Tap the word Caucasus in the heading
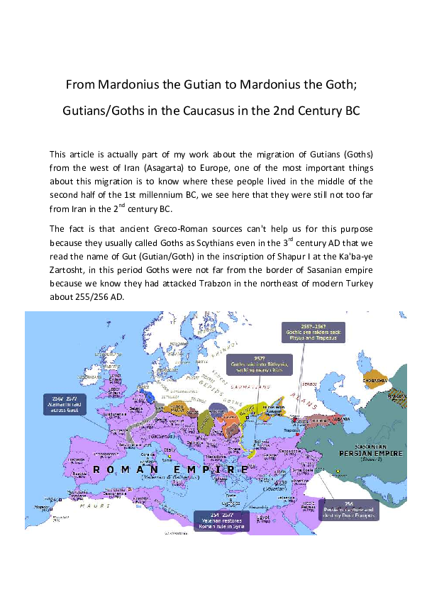pyautogui.click(x=239, y=111)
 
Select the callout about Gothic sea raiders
pyautogui.click(x=313, y=333)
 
